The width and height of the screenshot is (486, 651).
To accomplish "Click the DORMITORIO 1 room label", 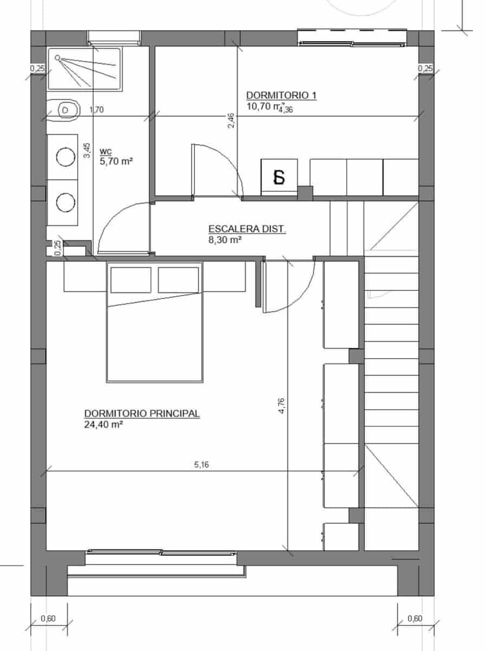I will [x=281, y=95].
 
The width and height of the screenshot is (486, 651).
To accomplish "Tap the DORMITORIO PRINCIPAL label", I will [x=142, y=413].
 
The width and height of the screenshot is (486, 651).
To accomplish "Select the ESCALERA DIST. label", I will [x=247, y=229].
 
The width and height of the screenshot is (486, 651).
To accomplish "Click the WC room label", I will [x=106, y=151].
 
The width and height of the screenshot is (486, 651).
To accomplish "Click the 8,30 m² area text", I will [x=225, y=239].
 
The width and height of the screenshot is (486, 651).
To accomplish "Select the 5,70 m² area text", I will [x=116, y=161].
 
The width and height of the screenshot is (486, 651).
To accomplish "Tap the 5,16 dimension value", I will [x=201, y=464].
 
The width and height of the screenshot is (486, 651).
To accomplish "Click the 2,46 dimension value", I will [x=231, y=120].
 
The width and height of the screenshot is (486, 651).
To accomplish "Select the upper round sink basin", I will [x=66, y=157].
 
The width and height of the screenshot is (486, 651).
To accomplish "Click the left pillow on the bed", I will [x=131, y=280].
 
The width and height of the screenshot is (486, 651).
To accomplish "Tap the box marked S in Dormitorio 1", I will [x=279, y=177].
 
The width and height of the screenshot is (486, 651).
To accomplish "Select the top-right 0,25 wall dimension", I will [x=426, y=68].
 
